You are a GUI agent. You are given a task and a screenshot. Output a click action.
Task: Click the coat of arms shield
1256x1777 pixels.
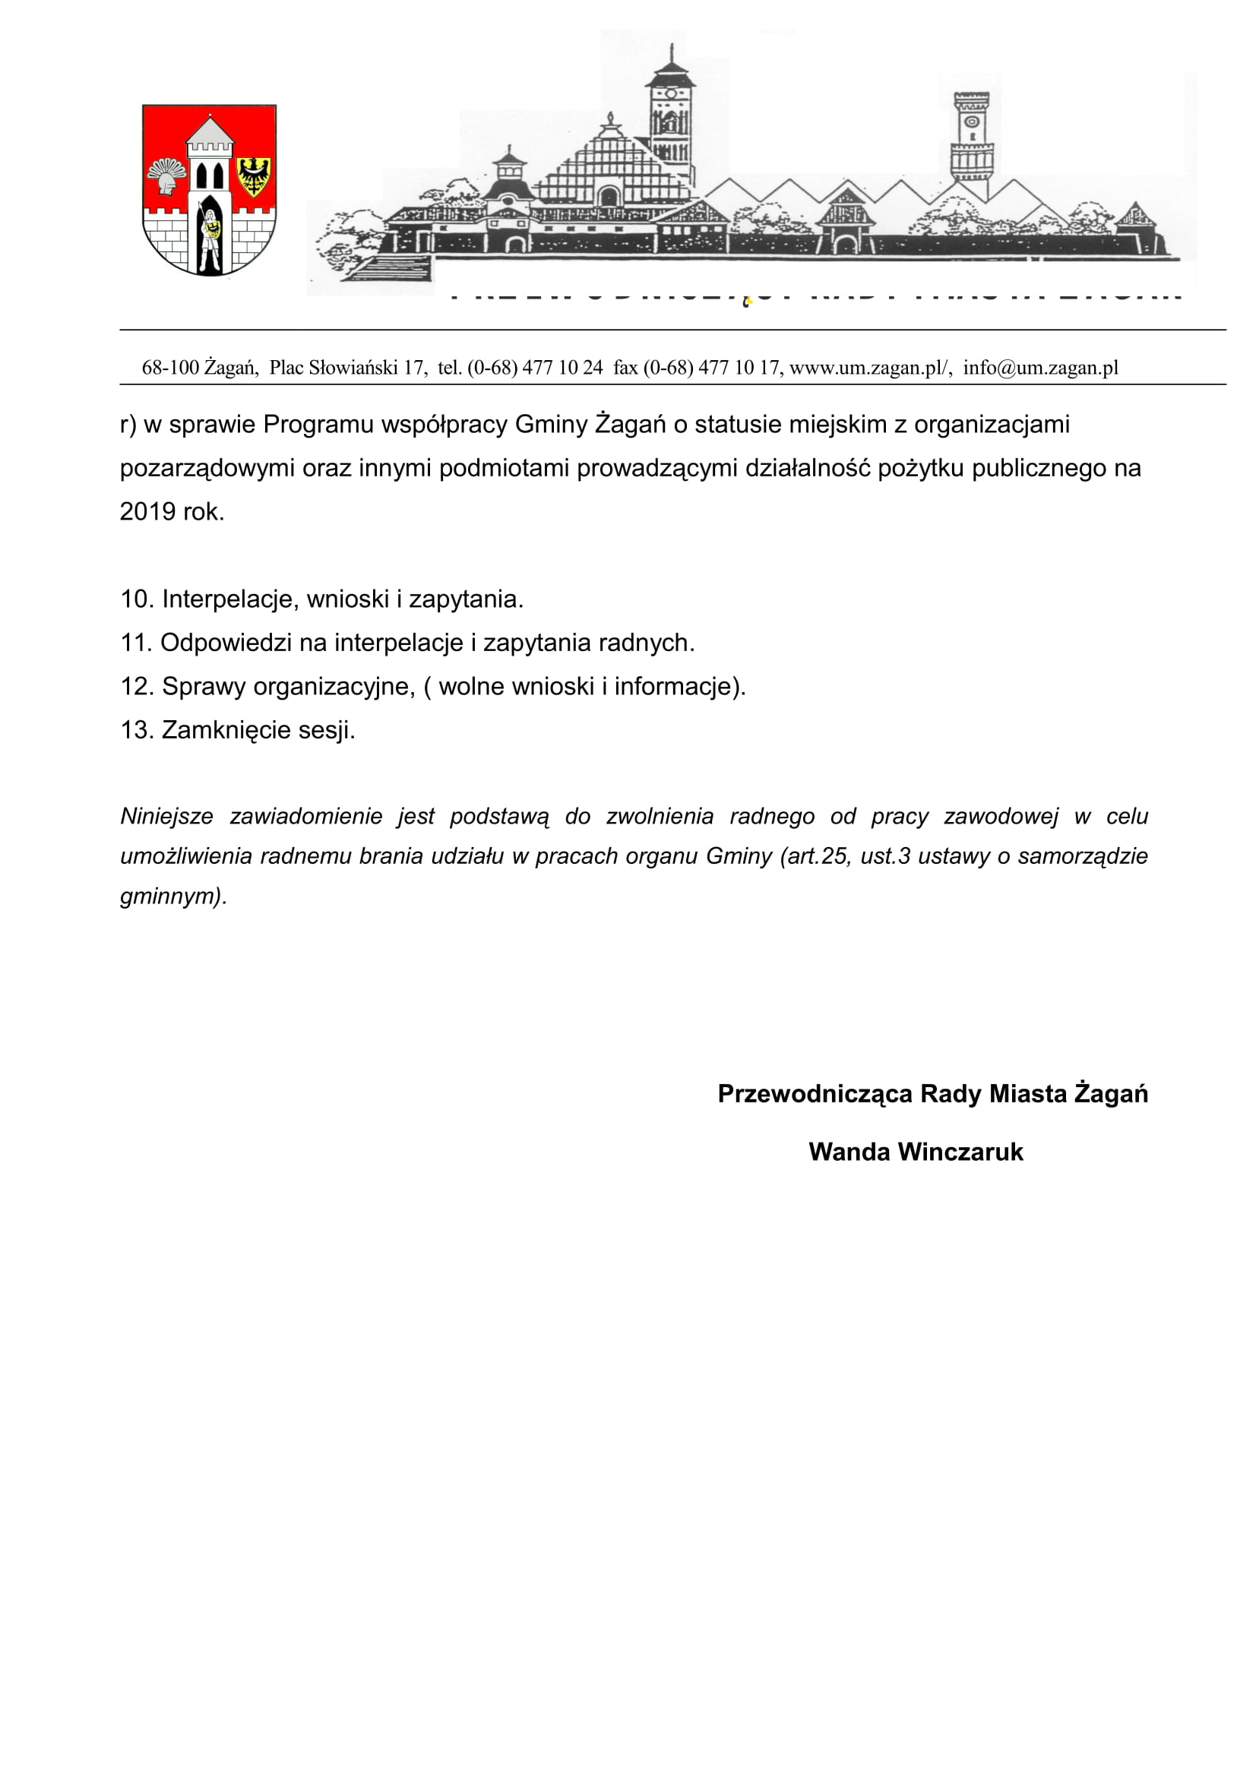209,190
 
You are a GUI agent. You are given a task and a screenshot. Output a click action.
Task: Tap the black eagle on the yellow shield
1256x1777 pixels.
253,175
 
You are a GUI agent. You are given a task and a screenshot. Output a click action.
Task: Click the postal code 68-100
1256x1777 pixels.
170,368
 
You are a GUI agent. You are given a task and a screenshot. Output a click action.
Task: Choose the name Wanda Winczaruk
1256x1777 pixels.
916,1152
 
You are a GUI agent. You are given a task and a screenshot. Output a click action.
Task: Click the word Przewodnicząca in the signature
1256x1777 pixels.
815,1093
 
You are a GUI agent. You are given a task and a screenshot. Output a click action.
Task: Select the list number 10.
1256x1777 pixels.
137,599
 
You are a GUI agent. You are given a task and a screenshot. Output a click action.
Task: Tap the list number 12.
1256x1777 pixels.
137,687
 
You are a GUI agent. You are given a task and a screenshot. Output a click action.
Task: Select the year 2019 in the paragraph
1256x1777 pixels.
147,511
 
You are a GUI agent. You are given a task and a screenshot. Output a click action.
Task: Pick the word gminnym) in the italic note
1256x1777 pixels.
173,896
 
